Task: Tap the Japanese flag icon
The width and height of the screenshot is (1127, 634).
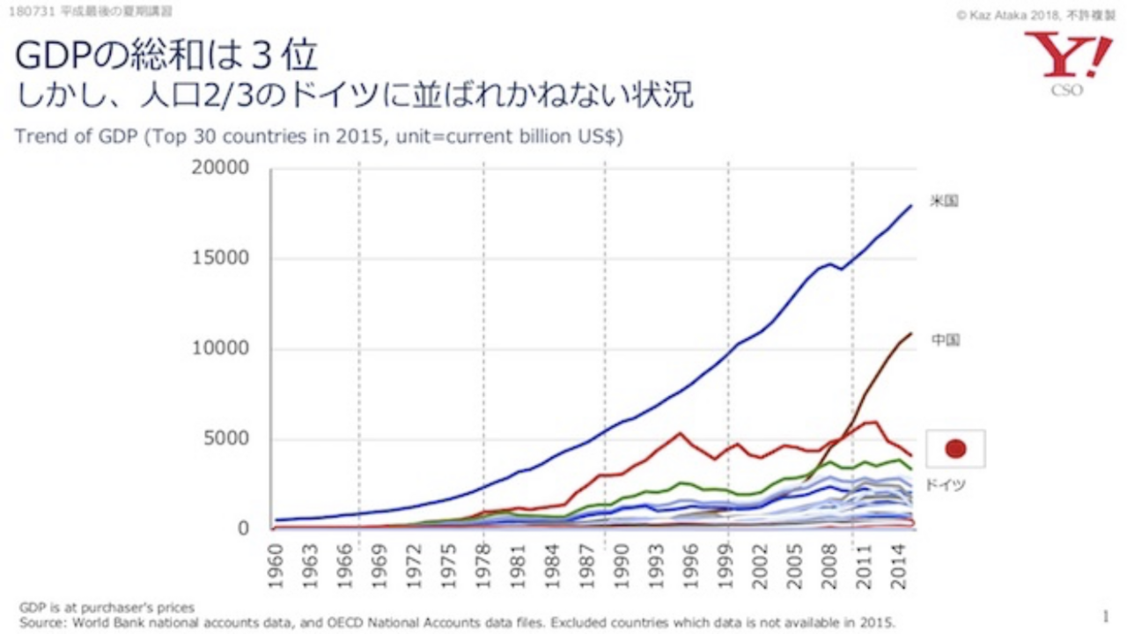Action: point(955,449)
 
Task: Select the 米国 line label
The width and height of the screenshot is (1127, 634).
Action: point(944,201)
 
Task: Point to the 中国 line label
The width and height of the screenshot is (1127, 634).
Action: point(945,340)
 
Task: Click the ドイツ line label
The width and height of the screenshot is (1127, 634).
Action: point(945,485)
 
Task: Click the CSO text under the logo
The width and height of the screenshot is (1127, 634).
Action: point(1067,90)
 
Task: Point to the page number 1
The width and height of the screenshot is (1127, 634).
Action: point(1105,616)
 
